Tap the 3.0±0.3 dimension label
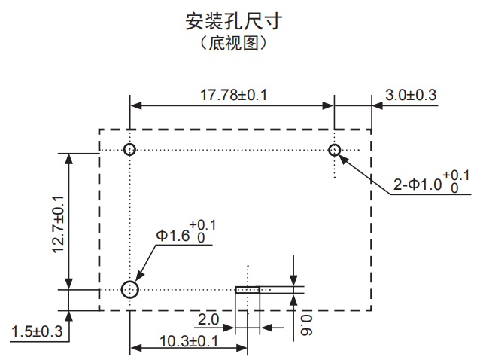point(411,95)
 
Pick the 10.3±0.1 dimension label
point(189,340)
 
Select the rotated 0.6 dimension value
point(305,324)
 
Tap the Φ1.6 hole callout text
point(172,236)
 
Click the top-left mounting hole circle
point(130,149)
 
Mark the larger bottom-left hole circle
point(130,289)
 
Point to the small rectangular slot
point(248,289)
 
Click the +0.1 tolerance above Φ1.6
point(202,224)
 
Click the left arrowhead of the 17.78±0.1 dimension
point(135,105)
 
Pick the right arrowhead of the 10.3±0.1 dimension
point(242,349)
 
